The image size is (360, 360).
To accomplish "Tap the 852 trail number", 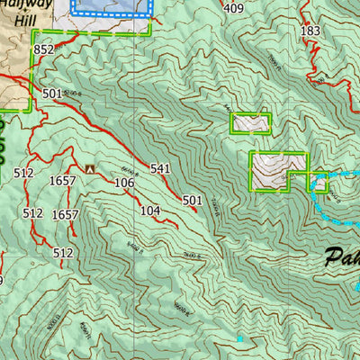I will coord(43,50).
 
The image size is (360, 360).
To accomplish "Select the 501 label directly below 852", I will coord(50,94).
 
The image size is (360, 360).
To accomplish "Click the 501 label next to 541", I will coord(192,201).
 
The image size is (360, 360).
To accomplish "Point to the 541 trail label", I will coord(160,168).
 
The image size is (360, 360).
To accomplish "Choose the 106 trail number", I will coord(124,183).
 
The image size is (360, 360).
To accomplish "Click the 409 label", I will coord(233,9).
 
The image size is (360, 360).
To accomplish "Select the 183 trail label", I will coord(310,31).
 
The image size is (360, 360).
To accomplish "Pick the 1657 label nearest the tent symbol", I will coord(63,181).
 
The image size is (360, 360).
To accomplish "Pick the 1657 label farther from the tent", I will coord(65,214).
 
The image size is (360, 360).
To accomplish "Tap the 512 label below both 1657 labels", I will coord(62,253).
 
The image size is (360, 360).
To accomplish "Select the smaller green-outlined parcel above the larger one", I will coord(250,123).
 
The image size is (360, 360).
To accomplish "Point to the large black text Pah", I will coord(340,256).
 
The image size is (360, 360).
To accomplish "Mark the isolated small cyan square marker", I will coord(239,338).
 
